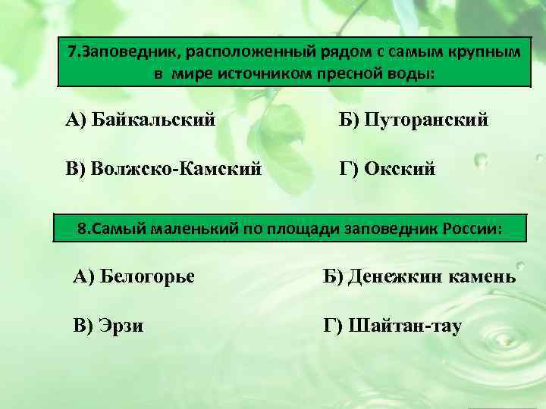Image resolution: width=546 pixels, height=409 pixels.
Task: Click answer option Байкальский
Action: point(140,120)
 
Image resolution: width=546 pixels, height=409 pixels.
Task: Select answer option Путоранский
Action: point(413,120)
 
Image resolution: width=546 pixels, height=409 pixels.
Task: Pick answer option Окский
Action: point(387,167)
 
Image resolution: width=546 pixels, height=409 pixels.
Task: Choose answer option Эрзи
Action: point(109,326)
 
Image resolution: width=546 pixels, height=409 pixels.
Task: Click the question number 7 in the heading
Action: point(71,53)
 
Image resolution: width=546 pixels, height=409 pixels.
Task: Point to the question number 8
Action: point(82,228)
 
